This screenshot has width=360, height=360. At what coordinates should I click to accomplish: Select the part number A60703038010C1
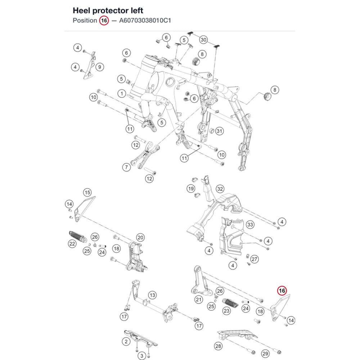[x=145, y=21]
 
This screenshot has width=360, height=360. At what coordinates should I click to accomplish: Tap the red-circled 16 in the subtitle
[x=104, y=21]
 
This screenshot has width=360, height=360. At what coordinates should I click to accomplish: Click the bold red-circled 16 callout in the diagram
[x=282, y=291]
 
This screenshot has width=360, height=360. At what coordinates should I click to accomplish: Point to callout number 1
[x=122, y=94]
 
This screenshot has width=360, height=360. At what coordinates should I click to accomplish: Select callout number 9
[x=100, y=67]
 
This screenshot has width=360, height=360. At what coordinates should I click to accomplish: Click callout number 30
[x=203, y=40]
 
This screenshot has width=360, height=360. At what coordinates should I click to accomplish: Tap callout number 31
[x=220, y=131]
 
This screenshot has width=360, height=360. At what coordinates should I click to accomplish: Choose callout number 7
[x=126, y=167]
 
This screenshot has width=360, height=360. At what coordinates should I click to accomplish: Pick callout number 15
[x=87, y=192]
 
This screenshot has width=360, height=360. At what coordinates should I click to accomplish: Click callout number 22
[x=72, y=244]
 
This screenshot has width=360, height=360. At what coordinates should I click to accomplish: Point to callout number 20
[x=140, y=238]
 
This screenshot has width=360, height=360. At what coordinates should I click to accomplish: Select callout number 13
[x=152, y=295]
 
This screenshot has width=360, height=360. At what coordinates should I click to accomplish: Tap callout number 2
[x=126, y=342]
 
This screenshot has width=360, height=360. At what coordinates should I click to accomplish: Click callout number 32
[x=220, y=189]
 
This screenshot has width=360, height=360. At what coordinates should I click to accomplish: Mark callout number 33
[x=250, y=225]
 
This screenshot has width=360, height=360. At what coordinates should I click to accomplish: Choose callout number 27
[x=255, y=259]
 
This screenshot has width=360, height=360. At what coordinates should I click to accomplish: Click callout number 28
[x=218, y=346]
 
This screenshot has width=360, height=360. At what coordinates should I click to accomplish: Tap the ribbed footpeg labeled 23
[x=230, y=303]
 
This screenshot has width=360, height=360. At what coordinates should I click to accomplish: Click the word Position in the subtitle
[x=85, y=21]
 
